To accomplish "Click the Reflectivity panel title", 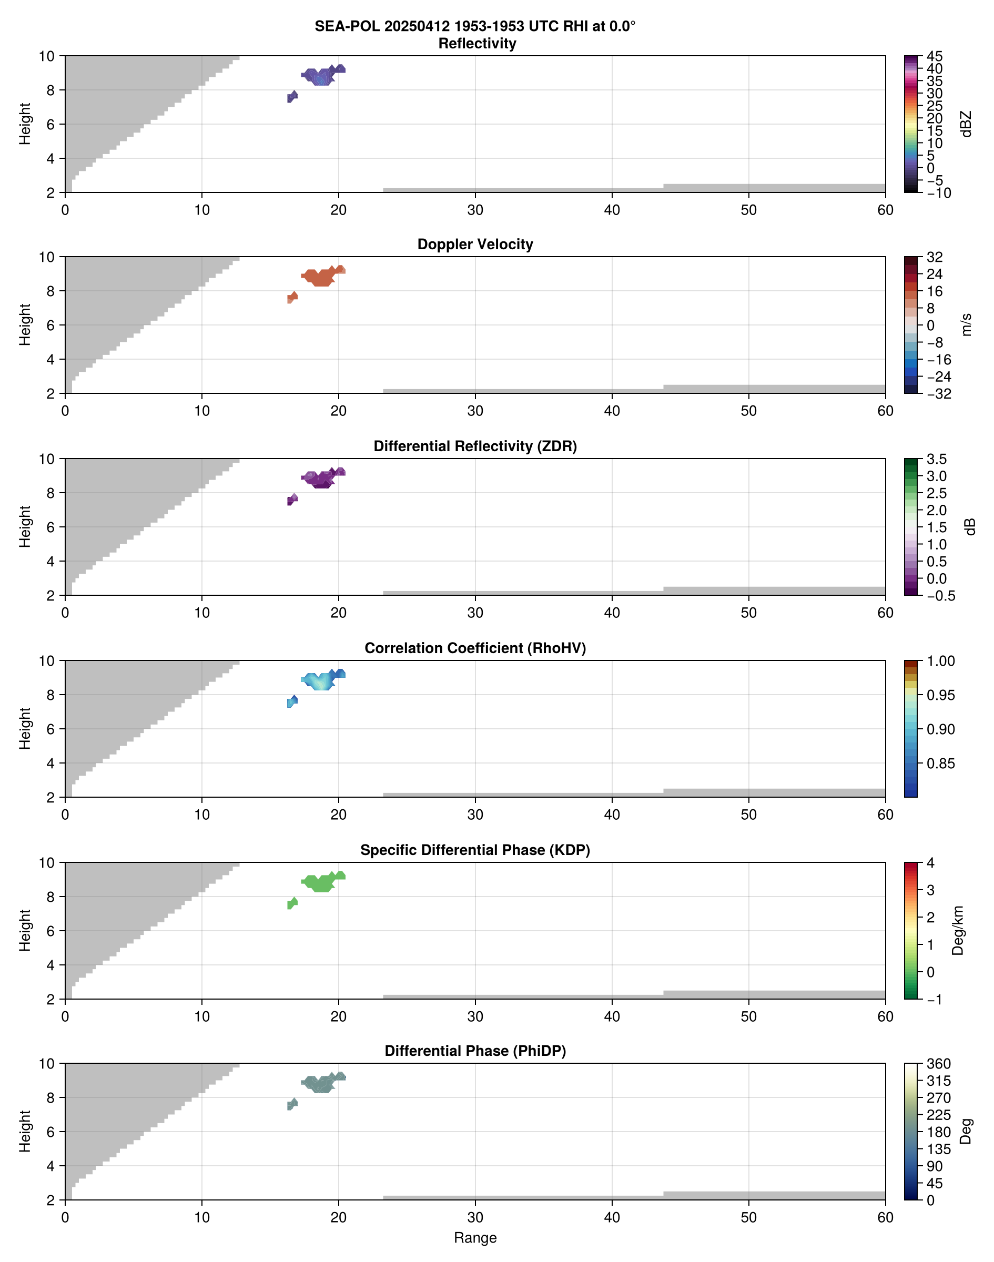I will (x=477, y=44).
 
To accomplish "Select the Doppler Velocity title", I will (x=475, y=245).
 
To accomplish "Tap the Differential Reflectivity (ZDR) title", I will (x=475, y=446).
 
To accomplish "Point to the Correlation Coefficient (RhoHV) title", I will (x=475, y=648).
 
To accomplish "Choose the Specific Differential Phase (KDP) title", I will (x=475, y=850).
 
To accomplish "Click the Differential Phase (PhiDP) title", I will (x=475, y=1051).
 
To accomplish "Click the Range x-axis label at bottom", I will (x=475, y=1238).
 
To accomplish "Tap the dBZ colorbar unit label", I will (x=967, y=124).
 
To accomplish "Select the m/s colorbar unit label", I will (x=967, y=324).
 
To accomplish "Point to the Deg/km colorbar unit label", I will (x=958, y=930).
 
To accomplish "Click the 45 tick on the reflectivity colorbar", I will (x=935, y=56).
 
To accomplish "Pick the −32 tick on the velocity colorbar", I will (x=938, y=394).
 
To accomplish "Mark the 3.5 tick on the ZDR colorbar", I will (x=936, y=459).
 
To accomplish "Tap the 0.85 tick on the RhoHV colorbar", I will (x=940, y=764).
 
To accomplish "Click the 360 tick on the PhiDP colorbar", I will (x=938, y=1064).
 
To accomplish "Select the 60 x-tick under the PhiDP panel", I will (x=885, y=1217).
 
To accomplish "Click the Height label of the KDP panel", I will (x=24, y=930).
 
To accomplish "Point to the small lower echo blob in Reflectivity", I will (x=292, y=97).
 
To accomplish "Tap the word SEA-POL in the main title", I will (x=347, y=26).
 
